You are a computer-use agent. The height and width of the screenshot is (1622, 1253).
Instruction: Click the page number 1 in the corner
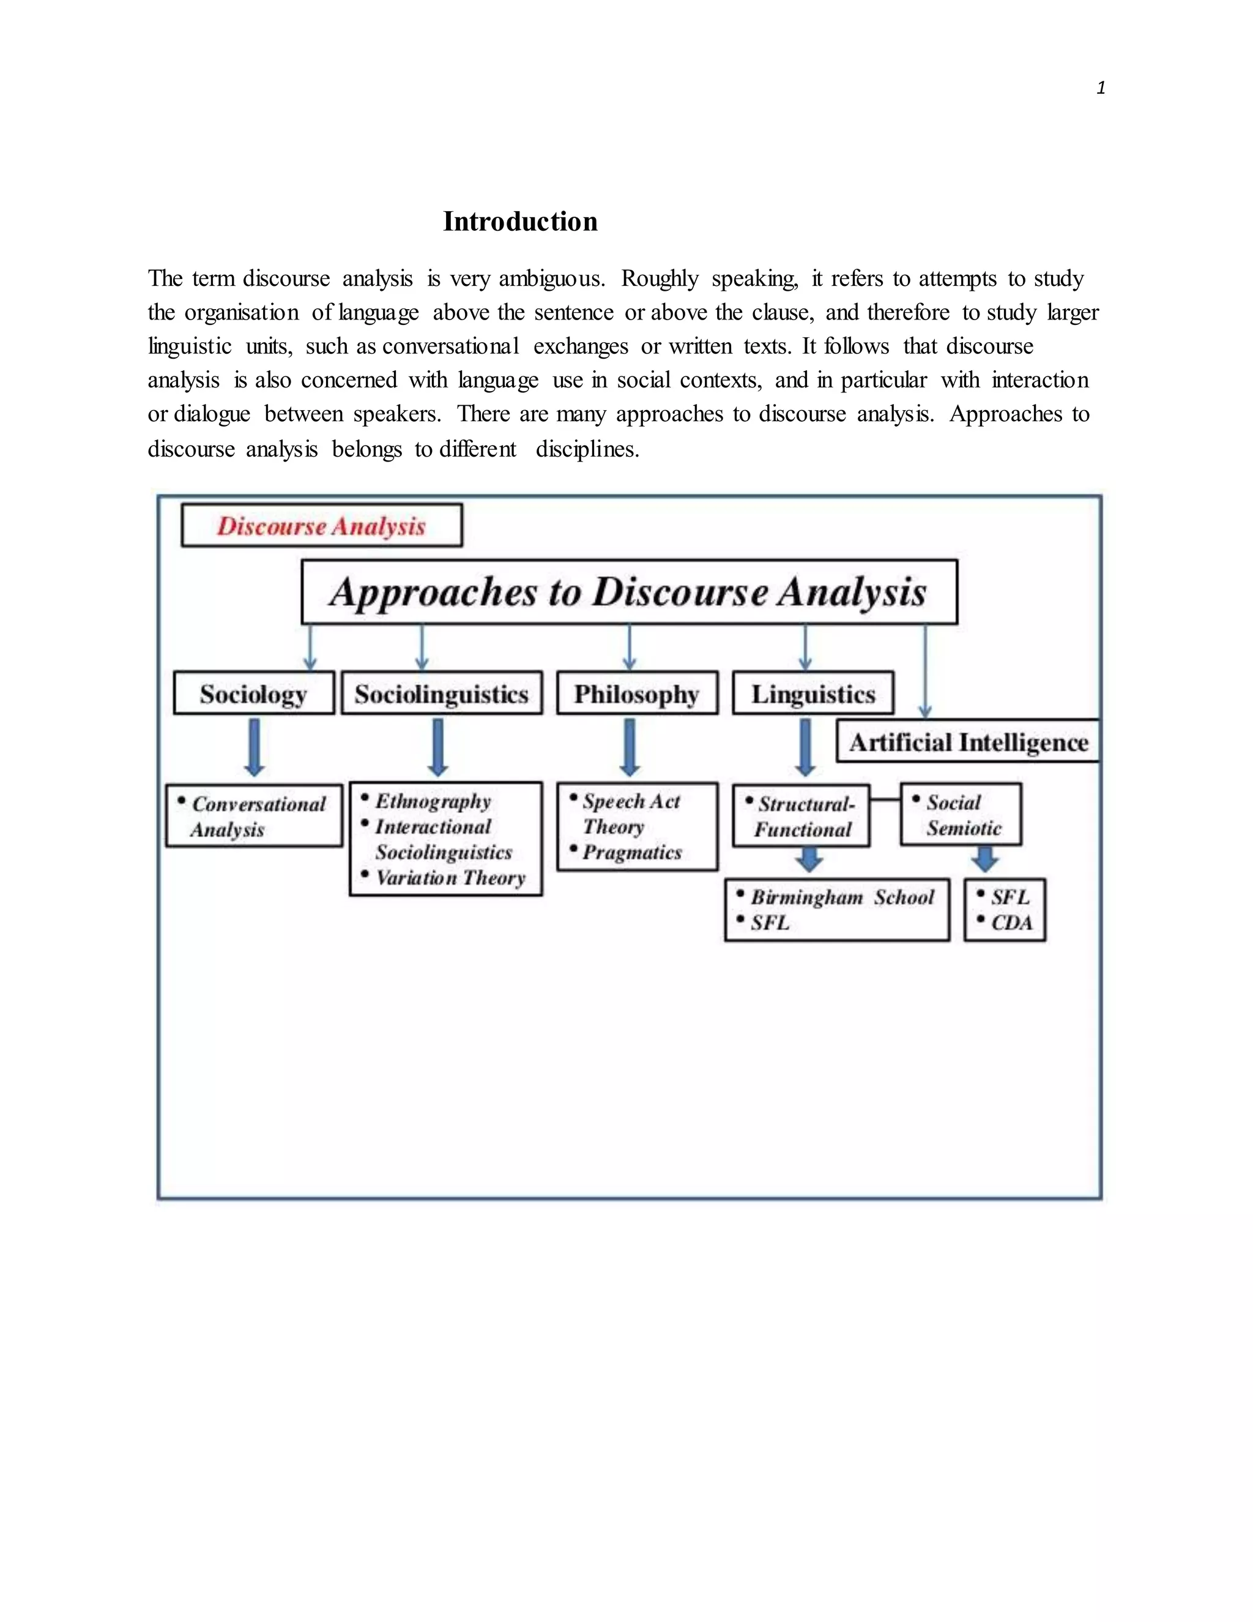(1100, 88)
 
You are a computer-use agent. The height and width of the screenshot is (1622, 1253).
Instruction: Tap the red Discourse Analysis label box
(321, 526)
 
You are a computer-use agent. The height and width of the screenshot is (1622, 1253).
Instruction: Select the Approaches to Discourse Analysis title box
(629, 592)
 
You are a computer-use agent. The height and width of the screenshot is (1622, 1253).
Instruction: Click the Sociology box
(254, 693)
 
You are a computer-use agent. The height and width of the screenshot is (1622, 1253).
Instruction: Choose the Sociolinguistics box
(442, 693)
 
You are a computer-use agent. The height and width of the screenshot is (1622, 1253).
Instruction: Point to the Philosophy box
(637, 693)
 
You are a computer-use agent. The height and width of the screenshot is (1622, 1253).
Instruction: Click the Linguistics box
(813, 693)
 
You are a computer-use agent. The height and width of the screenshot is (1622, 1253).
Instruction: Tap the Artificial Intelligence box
(968, 741)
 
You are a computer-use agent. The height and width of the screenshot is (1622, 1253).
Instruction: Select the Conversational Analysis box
(254, 816)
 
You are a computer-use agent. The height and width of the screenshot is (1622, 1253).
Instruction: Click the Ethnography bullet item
(433, 801)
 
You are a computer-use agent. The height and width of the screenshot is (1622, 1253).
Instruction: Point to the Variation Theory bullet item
(450, 878)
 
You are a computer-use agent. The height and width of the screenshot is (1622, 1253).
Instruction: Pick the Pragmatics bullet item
(631, 852)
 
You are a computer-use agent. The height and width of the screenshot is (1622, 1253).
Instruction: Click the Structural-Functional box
(801, 816)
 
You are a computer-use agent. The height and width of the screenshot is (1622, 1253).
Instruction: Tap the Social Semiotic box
(961, 815)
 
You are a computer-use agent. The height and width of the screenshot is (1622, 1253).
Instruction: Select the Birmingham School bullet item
(842, 897)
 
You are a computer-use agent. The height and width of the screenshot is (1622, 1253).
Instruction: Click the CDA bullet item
(1011, 923)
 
